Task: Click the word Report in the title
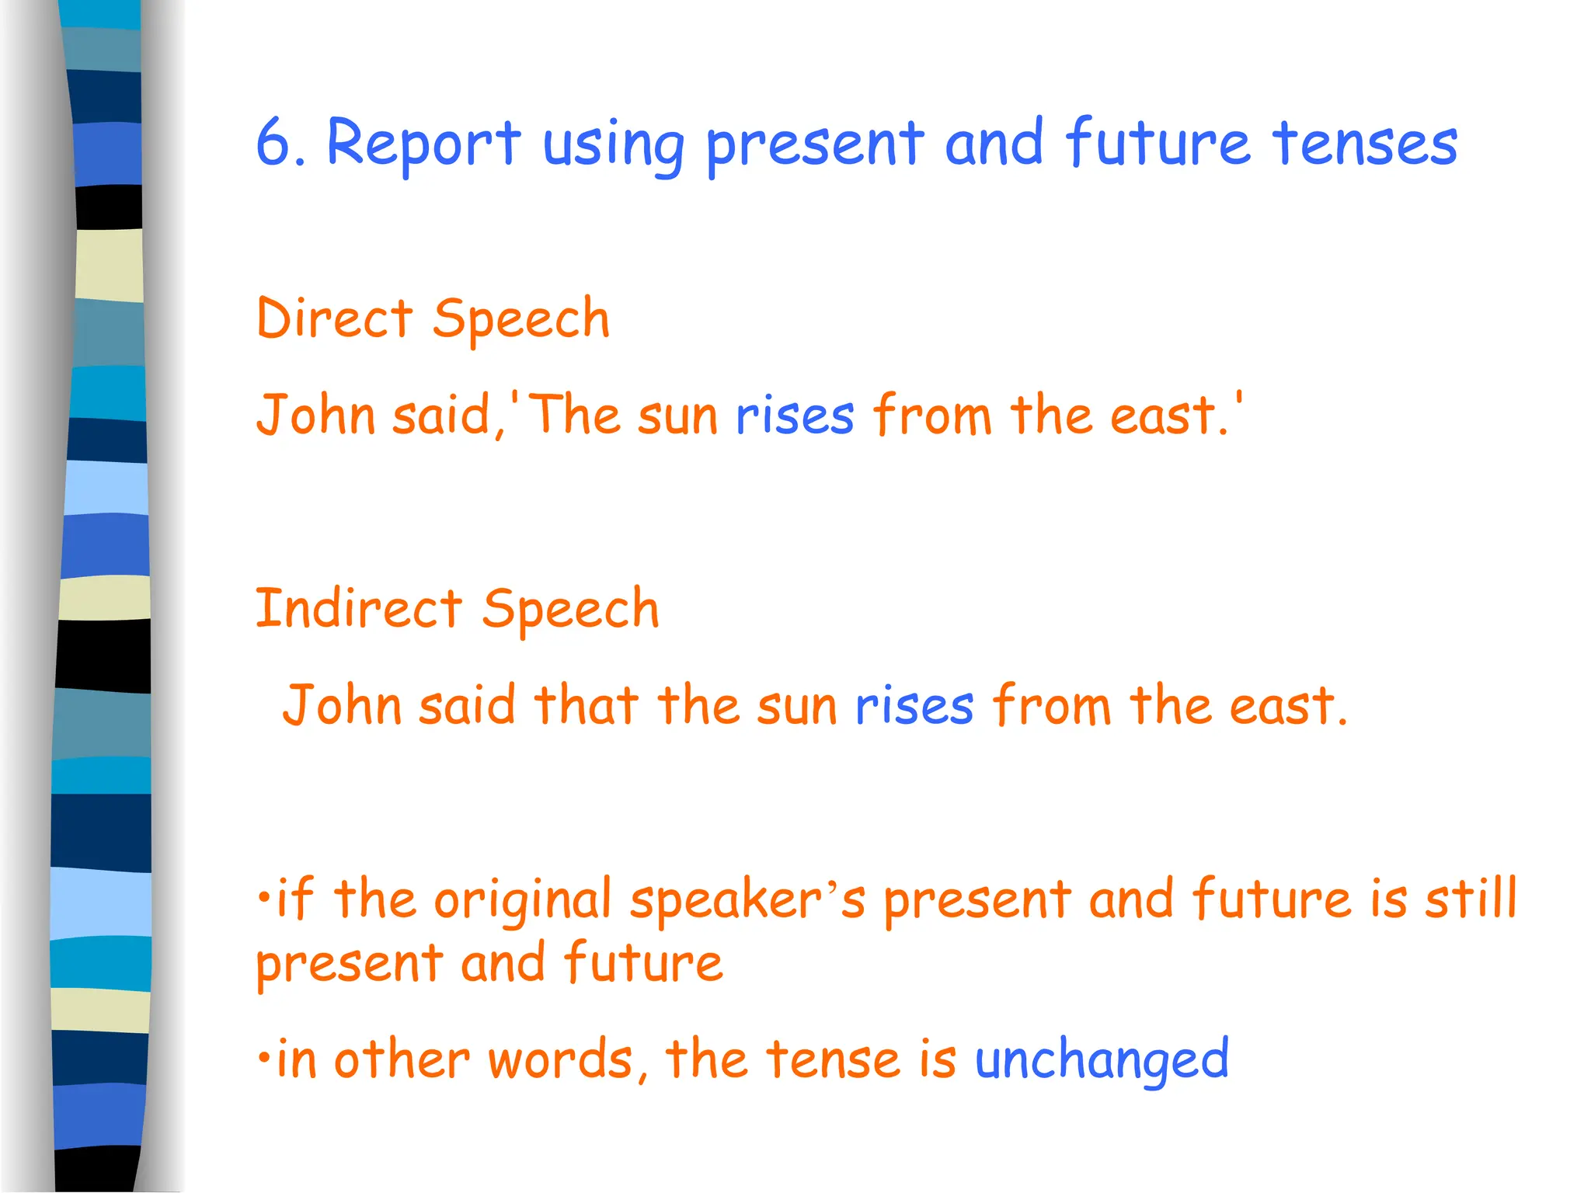coord(423,144)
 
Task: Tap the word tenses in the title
coord(1365,144)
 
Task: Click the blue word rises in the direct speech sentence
coord(795,416)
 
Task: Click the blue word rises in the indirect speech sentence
coord(914,706)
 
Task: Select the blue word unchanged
coord(1102,1059)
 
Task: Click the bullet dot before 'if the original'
coord(264,898)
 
